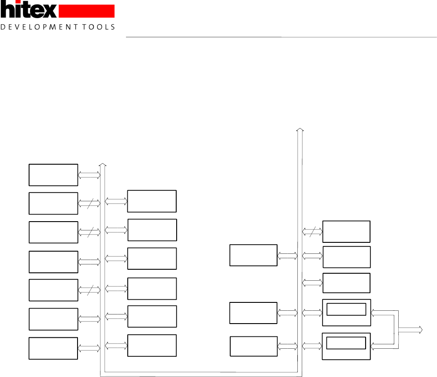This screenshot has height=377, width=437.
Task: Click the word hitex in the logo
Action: point(28,10)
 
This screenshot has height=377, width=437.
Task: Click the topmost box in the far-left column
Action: point(53,175)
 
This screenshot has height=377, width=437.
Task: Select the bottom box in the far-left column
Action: point(53,348)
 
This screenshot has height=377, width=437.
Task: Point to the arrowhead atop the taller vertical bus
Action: point(300,130)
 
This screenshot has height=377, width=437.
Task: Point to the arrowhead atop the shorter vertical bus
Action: point(103,165)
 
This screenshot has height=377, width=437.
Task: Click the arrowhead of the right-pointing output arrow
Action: point(421,329)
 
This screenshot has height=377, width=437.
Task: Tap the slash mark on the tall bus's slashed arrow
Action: point(311,232)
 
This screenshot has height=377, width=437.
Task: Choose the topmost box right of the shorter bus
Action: point(152,201)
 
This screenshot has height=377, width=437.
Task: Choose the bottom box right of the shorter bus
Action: point(152,345)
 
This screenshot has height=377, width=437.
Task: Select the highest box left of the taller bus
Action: point(253,255)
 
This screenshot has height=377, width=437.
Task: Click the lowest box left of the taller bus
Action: point(254,346)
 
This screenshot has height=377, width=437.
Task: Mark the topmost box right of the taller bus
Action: point(346,232)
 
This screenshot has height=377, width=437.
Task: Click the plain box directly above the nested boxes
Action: point(346,283)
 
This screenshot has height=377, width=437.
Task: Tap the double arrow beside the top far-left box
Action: point(89,175)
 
